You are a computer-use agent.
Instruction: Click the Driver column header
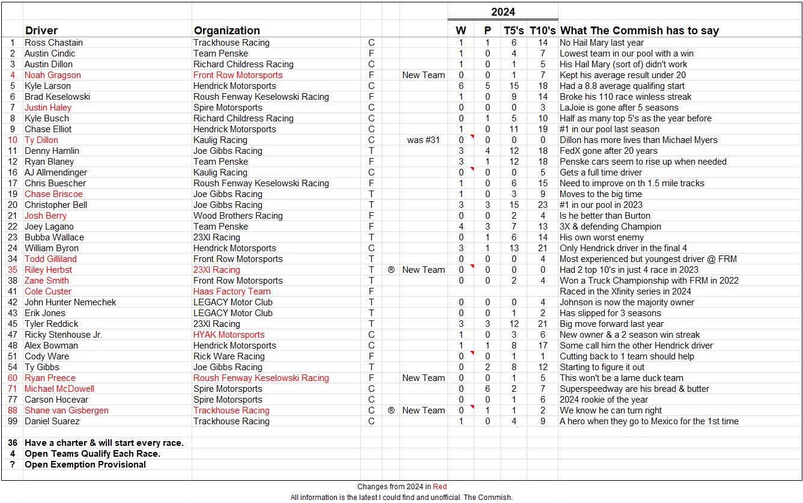tap(41, 31)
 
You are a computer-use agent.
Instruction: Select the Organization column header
tap(226, 31)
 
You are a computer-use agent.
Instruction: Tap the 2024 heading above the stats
tap(503, 12)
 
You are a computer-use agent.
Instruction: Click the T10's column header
tap(542, 31)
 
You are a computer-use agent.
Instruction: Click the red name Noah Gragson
tap(52, 75)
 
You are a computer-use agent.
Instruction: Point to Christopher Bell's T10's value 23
tap(543, 205)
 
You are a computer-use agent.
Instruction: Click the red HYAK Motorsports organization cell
tap(229, 335)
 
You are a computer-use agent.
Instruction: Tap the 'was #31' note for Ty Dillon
tap(423, 140)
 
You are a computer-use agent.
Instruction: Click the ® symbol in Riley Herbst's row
tap(391, 270)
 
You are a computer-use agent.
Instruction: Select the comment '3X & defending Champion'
tap(610, 227)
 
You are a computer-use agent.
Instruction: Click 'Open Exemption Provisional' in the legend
tap(85, 465)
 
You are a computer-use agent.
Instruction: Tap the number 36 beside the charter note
tap(12, 443)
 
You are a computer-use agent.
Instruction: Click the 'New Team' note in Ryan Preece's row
tap(423, 378)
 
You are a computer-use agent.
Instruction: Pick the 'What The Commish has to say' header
tap(639, 31)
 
